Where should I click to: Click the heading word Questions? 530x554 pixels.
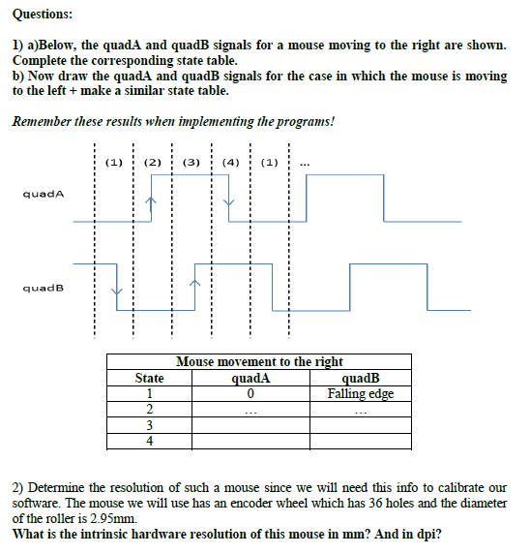(x=43, y=14)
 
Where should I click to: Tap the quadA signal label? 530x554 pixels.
(x=43, y=194)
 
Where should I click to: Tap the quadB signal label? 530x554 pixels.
(x=43, y=287)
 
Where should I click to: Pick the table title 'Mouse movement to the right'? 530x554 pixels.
(x=259, y=361)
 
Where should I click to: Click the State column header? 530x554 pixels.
(x=150, y=378)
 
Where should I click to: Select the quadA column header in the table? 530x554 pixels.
(x=250, y=378)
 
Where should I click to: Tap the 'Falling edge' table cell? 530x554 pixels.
(x=361, y=393)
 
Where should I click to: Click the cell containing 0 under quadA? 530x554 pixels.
(x=250, y=393)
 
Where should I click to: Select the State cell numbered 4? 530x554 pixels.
(x=150, y=441)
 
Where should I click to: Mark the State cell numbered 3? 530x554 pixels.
(x=150, y=425)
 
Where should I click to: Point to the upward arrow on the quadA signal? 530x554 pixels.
(x=150, y=204)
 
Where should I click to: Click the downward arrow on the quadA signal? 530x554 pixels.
(x=228, y=204)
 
